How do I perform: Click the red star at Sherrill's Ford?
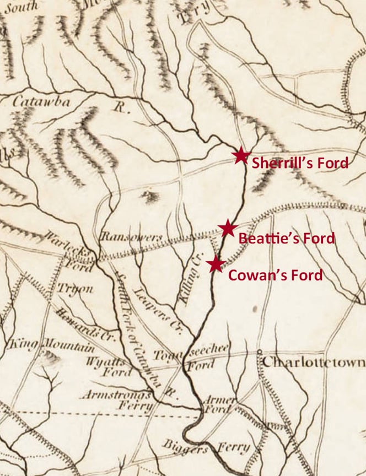tap(241, 156)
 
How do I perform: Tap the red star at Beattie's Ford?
tap(227, 228)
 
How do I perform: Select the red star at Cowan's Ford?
tap(216, 264)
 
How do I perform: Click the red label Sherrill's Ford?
tap(300, 163)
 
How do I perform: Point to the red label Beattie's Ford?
tap(286, 239)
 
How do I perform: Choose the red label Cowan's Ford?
tap(275, 275)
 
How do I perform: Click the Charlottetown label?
tap(313, 363)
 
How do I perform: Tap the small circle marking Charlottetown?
tap(259, 351)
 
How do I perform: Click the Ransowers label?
tap(131, 237)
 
